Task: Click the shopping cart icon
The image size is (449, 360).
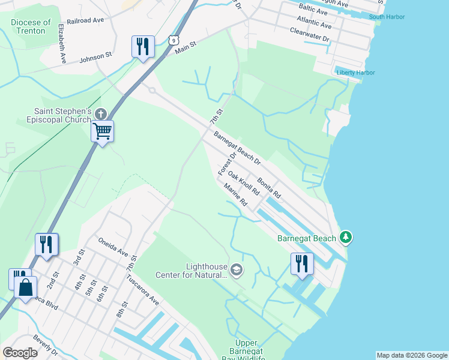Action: click(102, 130)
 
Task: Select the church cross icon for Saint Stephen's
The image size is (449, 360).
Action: click(101, 113)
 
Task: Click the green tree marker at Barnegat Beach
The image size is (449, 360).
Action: click(345, 238)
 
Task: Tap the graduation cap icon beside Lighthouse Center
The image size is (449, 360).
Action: click(237, 271)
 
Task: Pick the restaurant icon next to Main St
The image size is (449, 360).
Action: click(143, 46)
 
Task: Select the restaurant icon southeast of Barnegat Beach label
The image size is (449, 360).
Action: click(301, 263)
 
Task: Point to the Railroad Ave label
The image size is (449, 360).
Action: click(85, 20)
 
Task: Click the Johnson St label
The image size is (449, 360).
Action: click(96, 58)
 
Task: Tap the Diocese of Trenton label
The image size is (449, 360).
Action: click(28, 26)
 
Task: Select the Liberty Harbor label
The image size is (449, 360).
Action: click(356, 73)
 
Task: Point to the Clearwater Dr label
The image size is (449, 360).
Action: click(310, 34)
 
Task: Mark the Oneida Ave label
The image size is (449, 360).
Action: click(113, 245)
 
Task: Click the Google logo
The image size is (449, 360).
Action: click(20, 353)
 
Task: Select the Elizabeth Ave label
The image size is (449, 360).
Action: click(61, 44)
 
